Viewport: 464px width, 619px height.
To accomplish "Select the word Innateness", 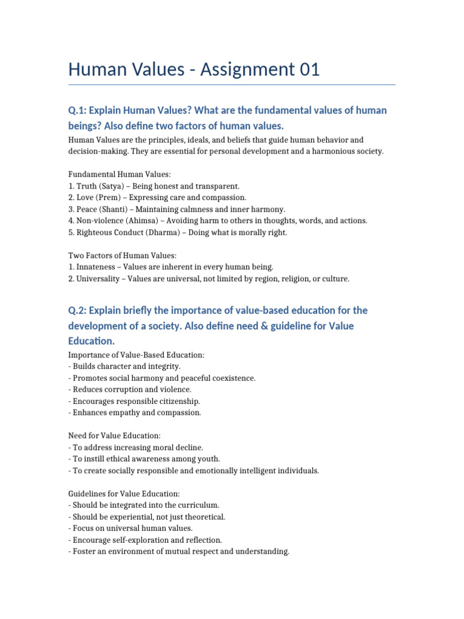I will [97, 267].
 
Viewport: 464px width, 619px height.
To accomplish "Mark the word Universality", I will [99, 279].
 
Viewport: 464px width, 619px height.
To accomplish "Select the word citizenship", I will [176, 401].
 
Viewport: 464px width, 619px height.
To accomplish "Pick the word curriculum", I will [196, 505].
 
